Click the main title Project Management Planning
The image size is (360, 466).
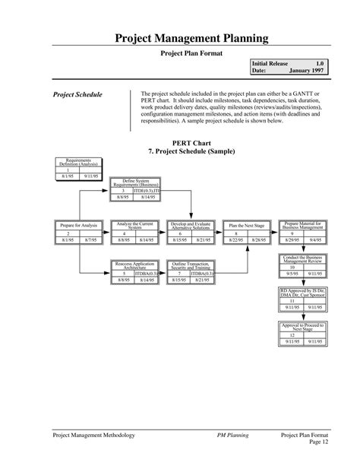pyautogui.click(x=191, y=38)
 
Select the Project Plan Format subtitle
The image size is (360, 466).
pyautogui.click(x=191, y=54)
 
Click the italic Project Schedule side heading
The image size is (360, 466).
pyautogui.click(x=77, y=95)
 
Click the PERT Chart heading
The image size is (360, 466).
pyautogui.click(x=191, y=143)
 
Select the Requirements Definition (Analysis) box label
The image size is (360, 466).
pyautogui.click(x=78, y=162)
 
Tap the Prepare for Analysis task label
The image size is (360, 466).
pyautogui.click(x=78, y=226)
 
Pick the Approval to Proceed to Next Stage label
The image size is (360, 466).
pyautogui.click(x=302, y=328)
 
